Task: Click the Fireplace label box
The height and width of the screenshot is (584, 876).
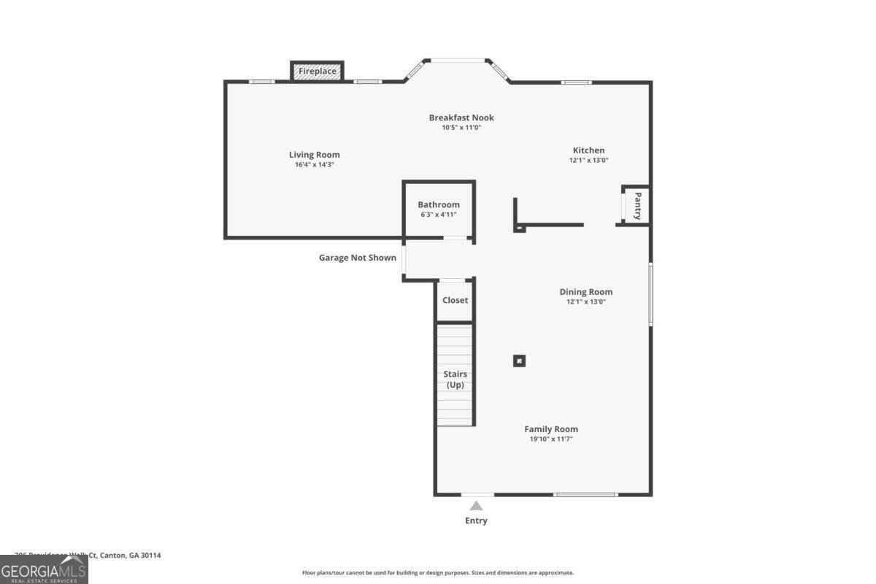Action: coord(317,72)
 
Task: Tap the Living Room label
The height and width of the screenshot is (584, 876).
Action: coord(314,155)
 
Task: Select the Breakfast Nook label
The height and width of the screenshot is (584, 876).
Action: coord(461,118)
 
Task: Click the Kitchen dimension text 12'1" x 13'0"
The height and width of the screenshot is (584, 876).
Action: coord(588,161)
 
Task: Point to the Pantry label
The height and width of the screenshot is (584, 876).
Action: coord(637,206)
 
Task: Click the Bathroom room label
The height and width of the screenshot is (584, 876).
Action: coord(439,205)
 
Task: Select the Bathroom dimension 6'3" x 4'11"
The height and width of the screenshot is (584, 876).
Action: coord(439,215)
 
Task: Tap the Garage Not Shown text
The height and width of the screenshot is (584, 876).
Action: coord(358,258)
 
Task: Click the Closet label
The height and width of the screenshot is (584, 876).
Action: coord(455,300)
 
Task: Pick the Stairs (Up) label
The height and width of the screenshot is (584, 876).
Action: coord(456,380)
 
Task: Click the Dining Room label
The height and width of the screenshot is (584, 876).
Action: coord(586,292)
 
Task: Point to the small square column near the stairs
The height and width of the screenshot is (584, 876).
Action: coord(519,360)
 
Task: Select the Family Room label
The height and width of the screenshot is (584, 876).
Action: coord(551,429)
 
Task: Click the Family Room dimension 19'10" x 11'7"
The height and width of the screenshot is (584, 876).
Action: coord(551,439)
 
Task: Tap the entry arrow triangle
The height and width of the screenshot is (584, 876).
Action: coord(476,505)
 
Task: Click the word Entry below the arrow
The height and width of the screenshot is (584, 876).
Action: coord(476,520)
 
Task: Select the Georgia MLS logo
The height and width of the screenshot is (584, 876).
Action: coord(44,569)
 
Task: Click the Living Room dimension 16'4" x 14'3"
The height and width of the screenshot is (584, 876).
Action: coord(314,165)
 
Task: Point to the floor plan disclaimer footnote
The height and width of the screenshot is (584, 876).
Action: coord(438,573)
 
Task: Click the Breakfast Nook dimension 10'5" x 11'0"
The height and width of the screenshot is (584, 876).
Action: coord(461,128)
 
